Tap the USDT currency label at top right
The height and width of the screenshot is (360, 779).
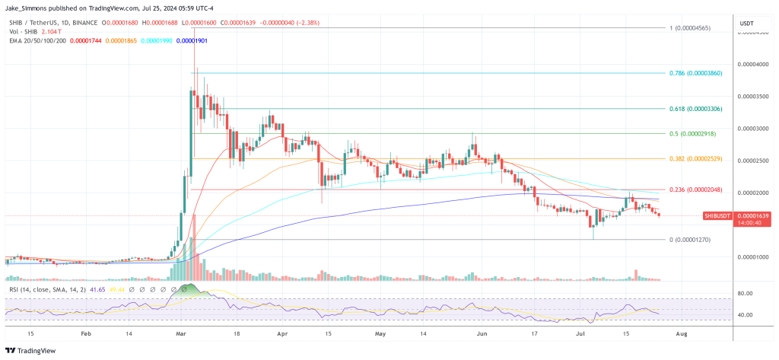pyautogui.click(x=747, y=24)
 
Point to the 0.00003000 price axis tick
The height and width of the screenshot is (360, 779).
pyautogui.click(x=752, y=129)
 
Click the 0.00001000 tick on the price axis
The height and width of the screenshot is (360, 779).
pyautogui.click(x=752, y=257)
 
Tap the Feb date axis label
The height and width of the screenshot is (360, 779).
pyautogui.click(x=85, y=333)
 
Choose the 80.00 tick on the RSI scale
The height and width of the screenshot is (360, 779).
pyautogui.click(x=745, y=293)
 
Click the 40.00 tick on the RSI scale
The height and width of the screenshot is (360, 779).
pyautogui.click(x=745, y=314)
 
